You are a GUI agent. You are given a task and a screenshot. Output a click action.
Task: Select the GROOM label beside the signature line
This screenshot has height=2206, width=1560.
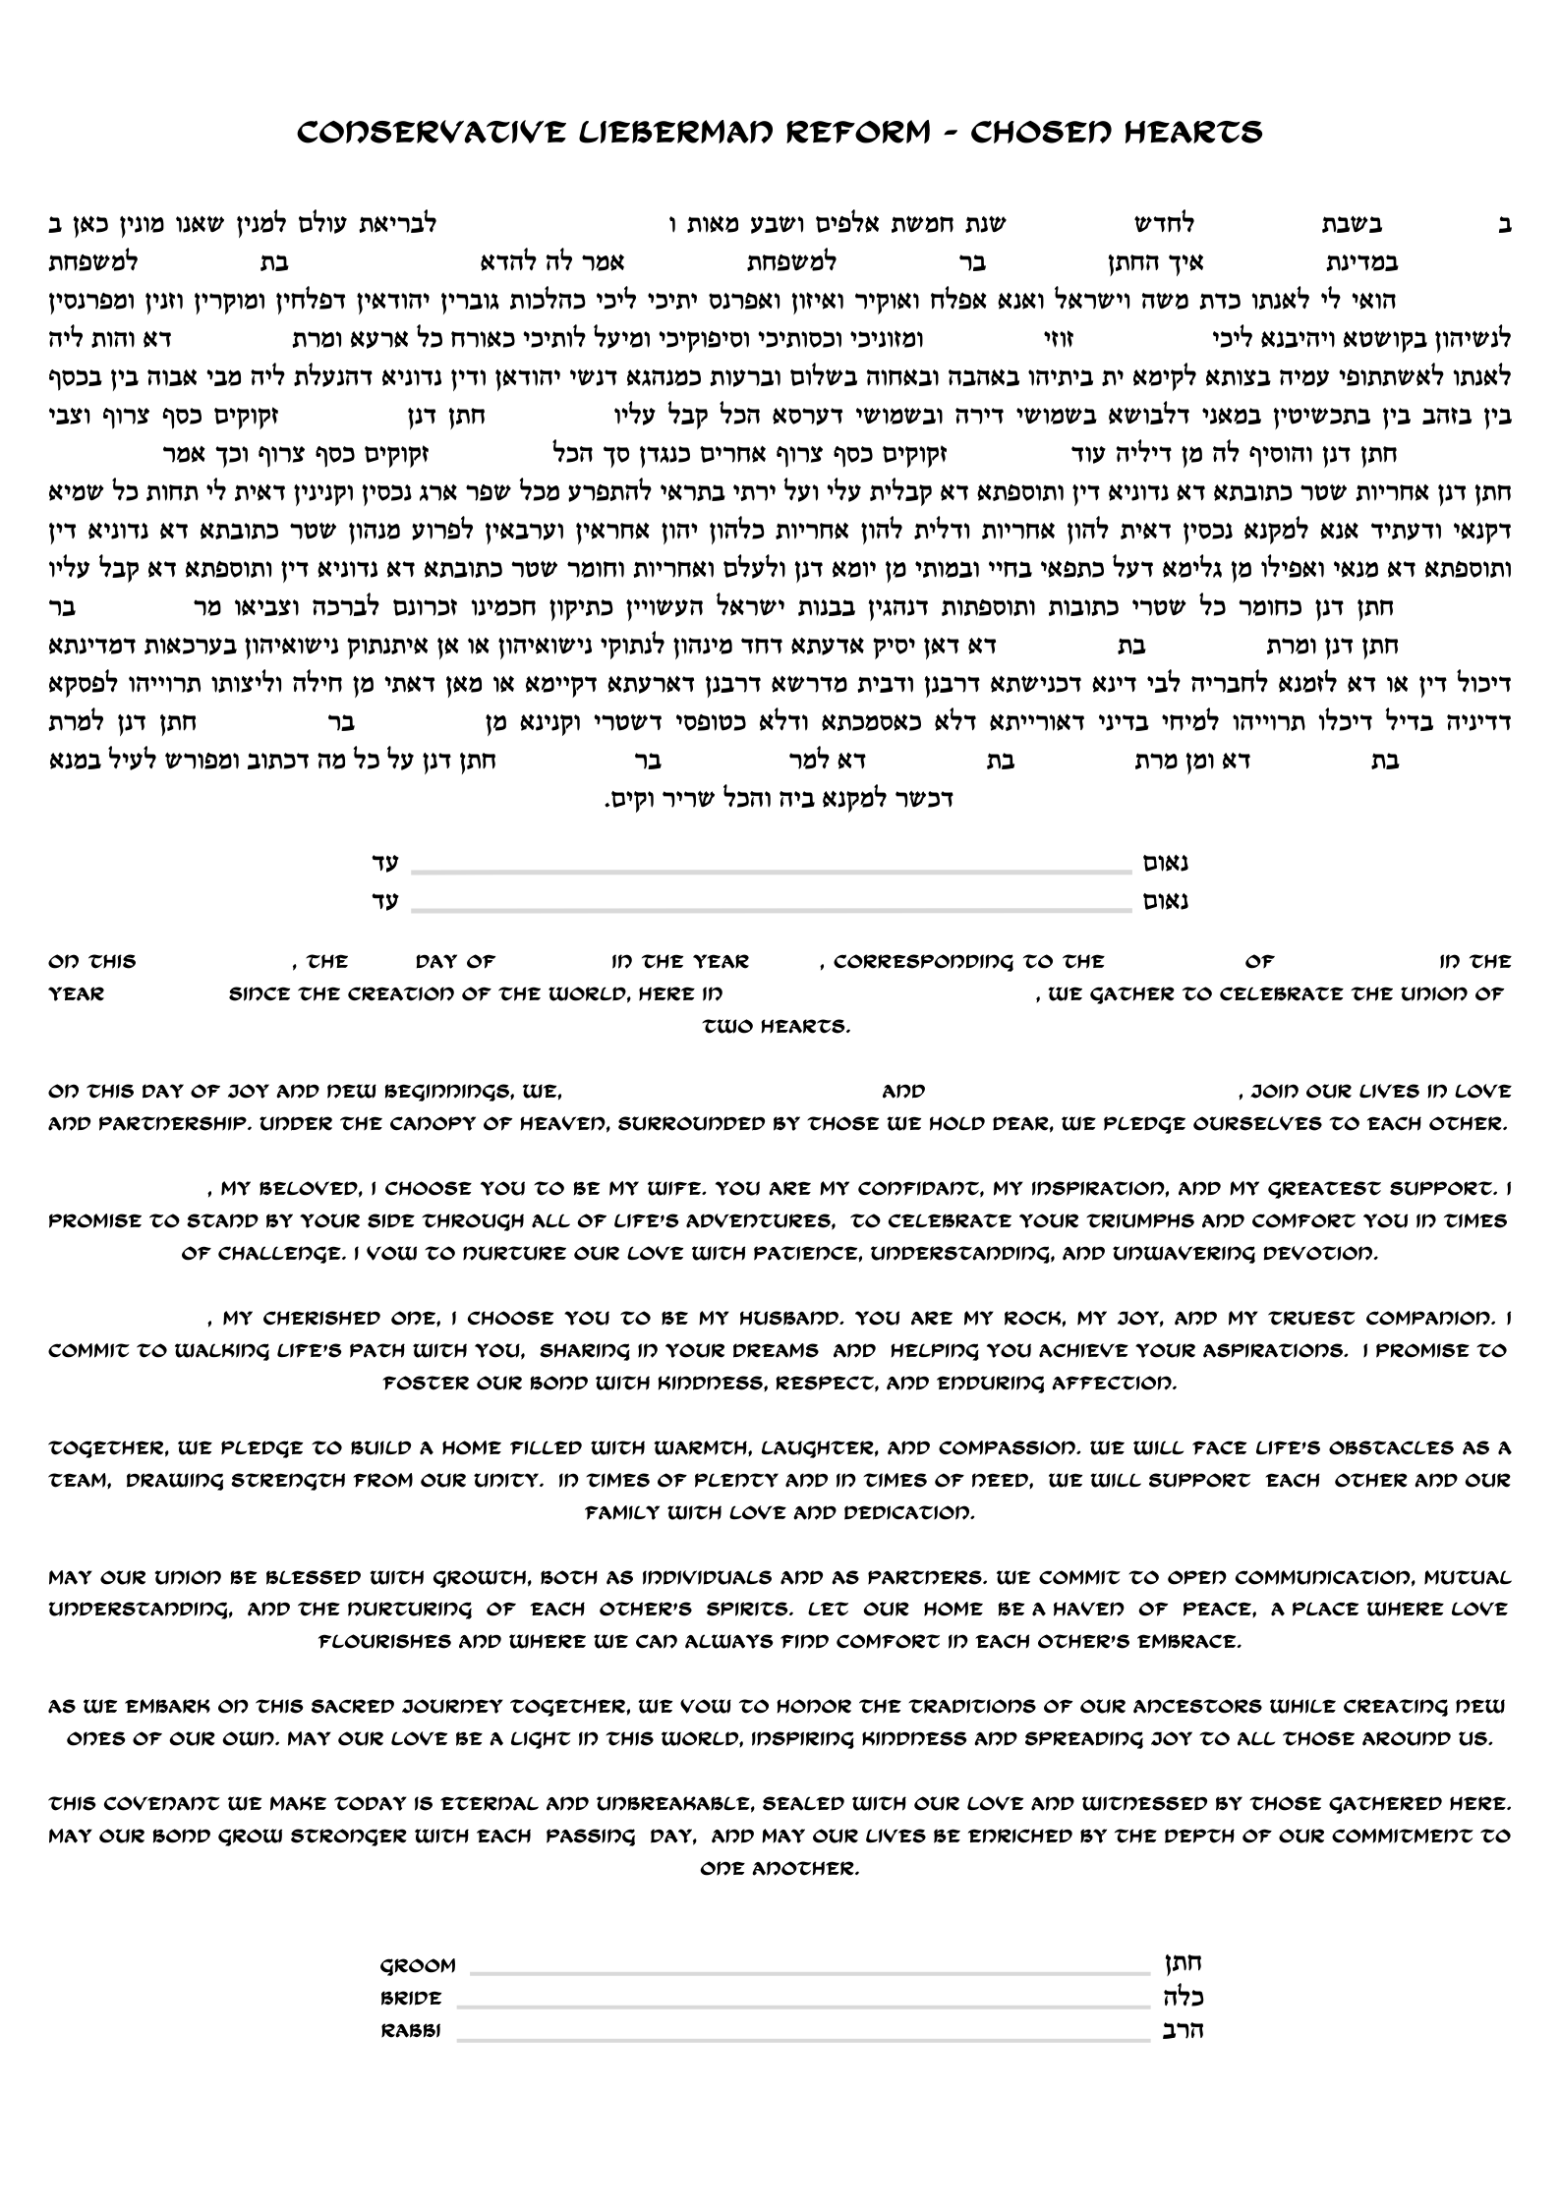(418, 1964)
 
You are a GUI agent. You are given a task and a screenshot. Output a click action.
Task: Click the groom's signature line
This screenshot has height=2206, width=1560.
(810, 1970)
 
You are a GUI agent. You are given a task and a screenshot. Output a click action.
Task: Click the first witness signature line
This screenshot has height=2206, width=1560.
(772, 871)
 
